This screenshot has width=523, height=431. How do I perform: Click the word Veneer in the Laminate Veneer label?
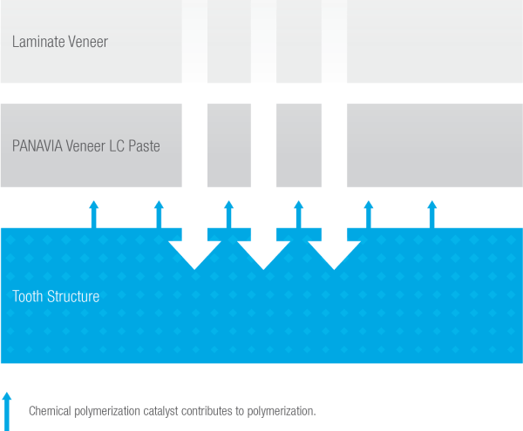(88, 42)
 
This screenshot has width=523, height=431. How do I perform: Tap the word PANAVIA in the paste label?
(41, 145)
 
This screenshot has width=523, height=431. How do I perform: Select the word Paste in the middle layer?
(142, 145)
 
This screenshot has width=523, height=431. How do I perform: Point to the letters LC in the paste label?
(114, 145)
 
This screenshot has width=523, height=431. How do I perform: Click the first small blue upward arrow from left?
(94, 214)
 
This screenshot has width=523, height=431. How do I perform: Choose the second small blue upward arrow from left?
(159, 214)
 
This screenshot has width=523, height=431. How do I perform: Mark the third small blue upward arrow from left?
(228, 214)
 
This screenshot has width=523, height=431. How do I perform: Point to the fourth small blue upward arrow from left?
(298, 214)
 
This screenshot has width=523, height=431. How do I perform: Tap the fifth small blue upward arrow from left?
(368, 214)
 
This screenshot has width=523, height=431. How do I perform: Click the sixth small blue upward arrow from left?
(431, 214)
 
